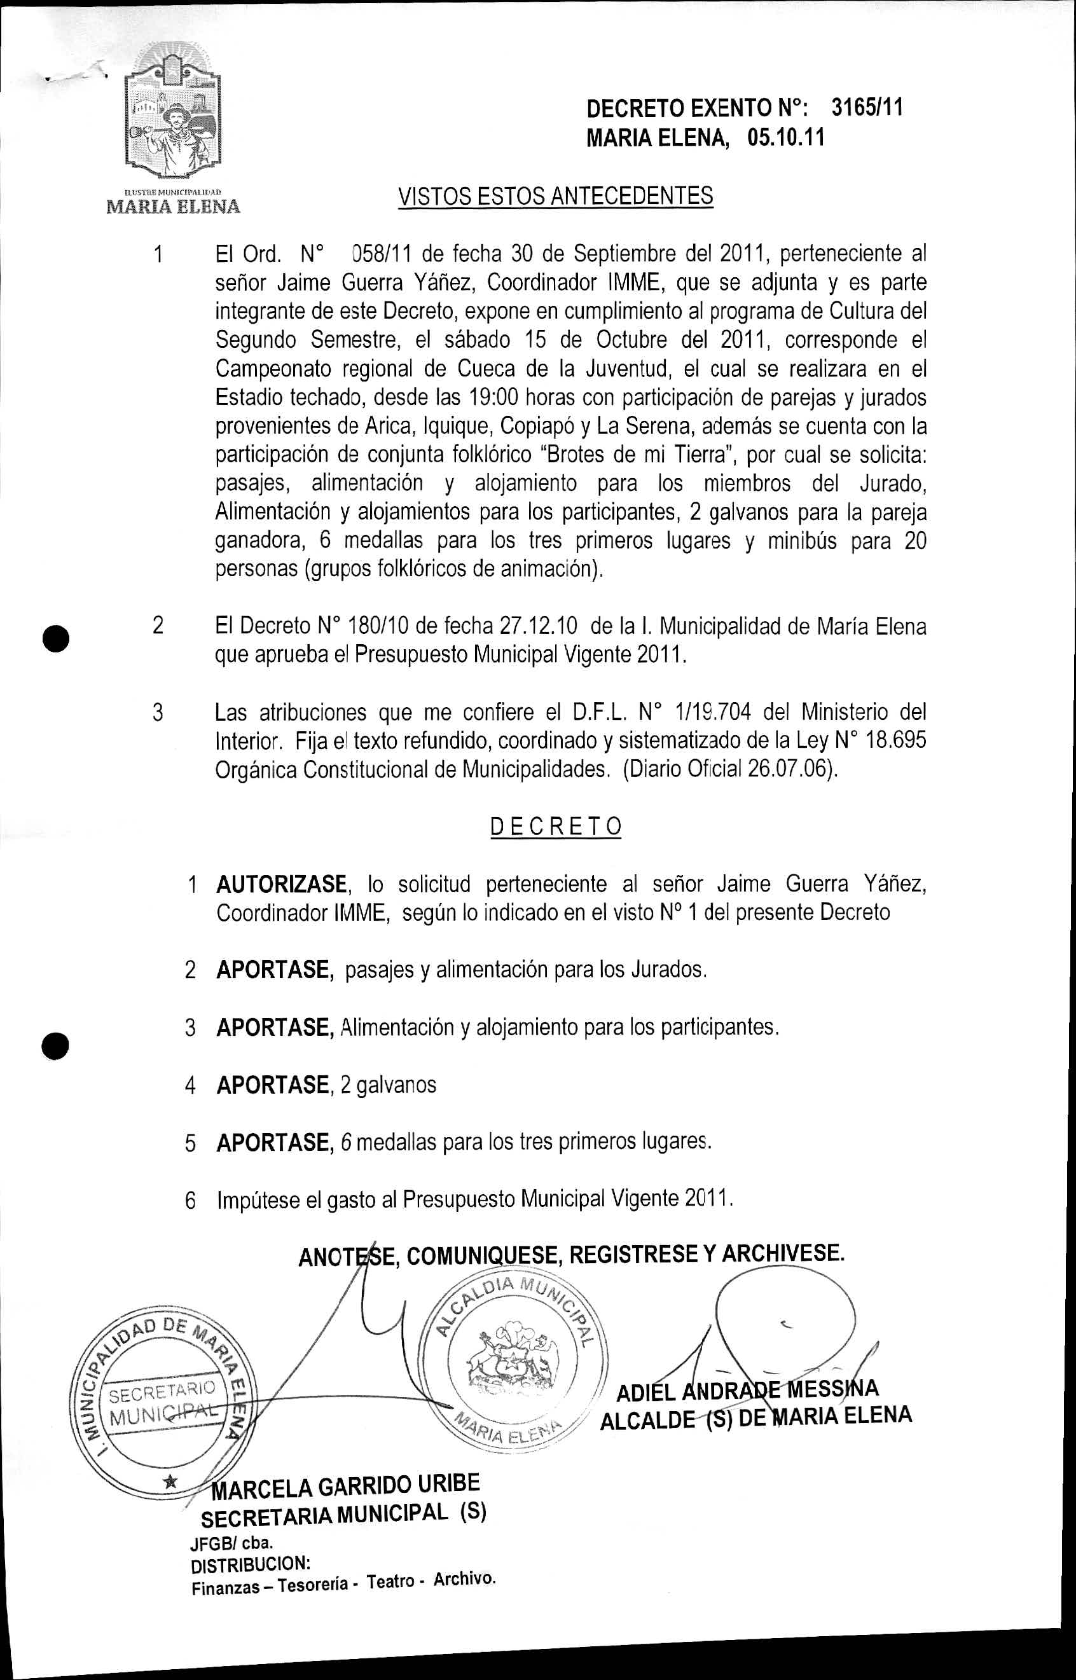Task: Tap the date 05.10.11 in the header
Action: coord(785,137)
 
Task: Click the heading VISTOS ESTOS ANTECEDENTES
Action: coord(555,196)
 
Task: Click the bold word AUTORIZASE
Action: coord(282,885)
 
